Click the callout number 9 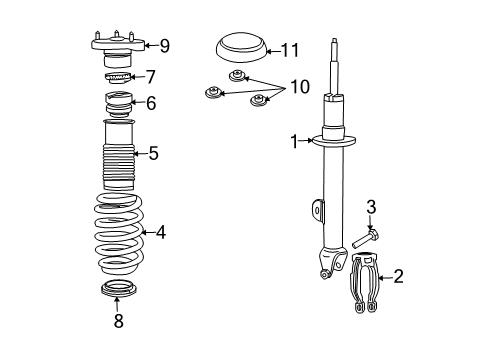coord(164,44)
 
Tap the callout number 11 coord(290,50)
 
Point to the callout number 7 coord(151,76)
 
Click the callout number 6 coord(151,103)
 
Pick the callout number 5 coord(153,154)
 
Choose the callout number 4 coord(160,233)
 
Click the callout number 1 coord(295,142)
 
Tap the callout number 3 coord(370,208)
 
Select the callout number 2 coord(397,276)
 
